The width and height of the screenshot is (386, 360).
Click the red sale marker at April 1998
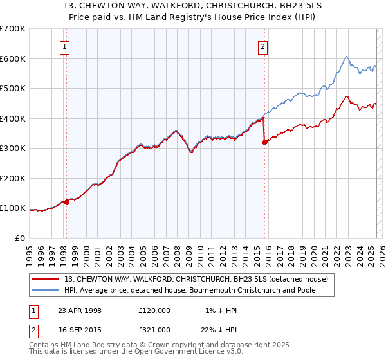coord(66,202)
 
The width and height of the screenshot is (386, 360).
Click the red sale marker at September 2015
coord(264,143)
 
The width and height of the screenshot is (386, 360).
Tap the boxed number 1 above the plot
coord(66,46)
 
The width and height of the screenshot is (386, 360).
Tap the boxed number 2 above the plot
coord(264,46)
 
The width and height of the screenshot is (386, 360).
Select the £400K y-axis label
coord(13,118)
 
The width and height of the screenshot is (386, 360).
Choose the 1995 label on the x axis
coord(30,253)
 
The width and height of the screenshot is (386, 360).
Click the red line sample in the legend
coord(46,279)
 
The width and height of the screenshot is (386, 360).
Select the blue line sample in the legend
coord(46,290)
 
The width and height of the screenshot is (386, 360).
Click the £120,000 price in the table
coord(154,310)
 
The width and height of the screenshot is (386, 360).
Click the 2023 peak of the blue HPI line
coord(346,57)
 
